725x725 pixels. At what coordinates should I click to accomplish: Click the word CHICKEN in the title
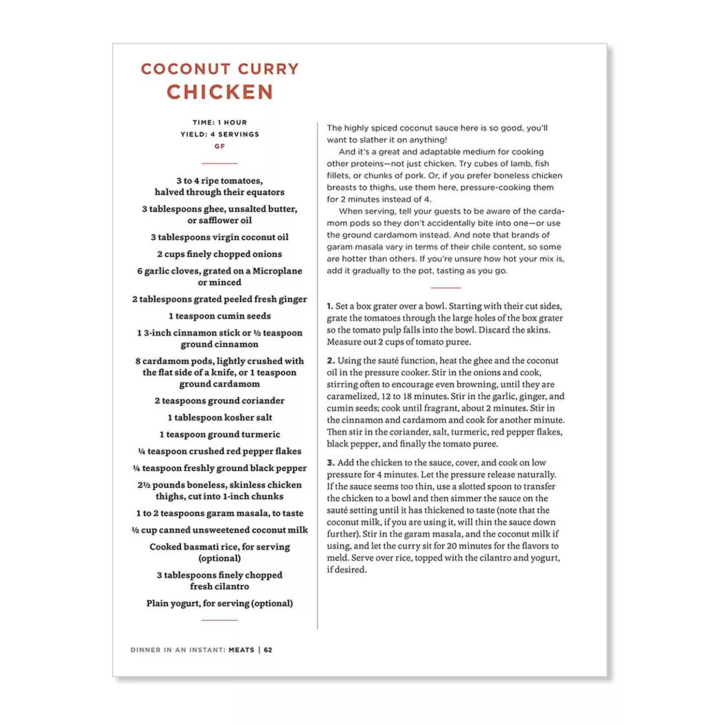[x=220, y=92]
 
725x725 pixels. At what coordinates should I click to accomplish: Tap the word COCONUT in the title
[x=186, y=69]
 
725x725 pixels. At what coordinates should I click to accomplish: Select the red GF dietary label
[x=220, y=146]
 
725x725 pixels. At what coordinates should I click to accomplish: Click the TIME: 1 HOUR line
[x=220, y=123]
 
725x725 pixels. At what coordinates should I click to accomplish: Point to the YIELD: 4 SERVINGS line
[x=220, y=134]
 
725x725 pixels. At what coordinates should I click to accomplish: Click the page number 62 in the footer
[x=268, y=650]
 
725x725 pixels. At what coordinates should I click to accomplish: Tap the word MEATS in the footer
[x=241, y=650]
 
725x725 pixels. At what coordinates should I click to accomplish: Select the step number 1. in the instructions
[x=330, y=306]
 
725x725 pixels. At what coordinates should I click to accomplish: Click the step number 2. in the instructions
[x=331, y=361]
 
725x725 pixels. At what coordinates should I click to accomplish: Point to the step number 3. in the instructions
[x=331, y=463]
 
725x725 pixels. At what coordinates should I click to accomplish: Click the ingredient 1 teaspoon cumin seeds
[x=220, y=316]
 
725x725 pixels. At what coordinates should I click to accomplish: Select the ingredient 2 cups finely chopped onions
[x=220, y=254]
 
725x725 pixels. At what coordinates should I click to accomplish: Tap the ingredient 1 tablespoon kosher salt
[x=220, y=418]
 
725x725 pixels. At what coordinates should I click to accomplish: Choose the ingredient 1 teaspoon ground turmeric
[x=220, y=435]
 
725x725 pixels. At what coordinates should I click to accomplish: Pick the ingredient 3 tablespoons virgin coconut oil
[x=220, y=237]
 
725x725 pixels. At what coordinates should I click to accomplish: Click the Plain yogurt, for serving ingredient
[x=220, y=603]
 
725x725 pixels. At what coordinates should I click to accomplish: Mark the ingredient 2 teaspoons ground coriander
[x=220, y=401]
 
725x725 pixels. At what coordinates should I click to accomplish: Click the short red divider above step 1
[x=445, y=288]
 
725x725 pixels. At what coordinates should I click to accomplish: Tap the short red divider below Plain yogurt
[x=219, y=620]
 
